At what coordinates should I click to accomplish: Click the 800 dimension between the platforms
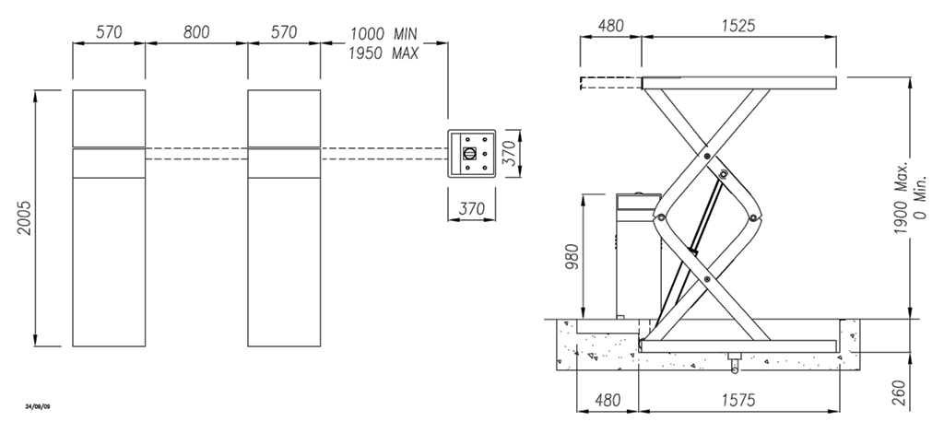pyautogui.click(x=195, y=32)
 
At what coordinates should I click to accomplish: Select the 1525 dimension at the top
pyautogui.click(x=738, y=25)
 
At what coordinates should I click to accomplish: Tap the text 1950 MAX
pyautogui.click(x=383, y=53)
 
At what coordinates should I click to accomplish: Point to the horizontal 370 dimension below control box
pyautogui.click(x=471, y=209)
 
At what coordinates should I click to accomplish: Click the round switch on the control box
pyautogui.click(x=471, y=153)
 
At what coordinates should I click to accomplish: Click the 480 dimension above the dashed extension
pyautogui.click(x=610, y=25)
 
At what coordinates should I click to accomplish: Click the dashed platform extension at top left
pyautogui.click(x=609, y=85)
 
